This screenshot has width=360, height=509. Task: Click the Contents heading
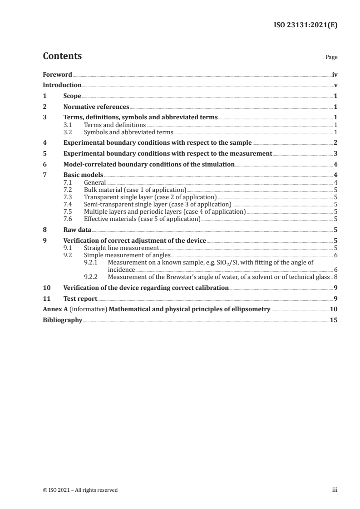point(62,57)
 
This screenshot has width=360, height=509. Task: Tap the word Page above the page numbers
point(331,58)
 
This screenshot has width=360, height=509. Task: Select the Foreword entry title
point(57,74)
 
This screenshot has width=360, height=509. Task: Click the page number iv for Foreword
point(335,74)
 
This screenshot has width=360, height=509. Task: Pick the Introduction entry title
point(62,85)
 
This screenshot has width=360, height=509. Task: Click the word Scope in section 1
point(72,96)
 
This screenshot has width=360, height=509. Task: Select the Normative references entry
point(96,107)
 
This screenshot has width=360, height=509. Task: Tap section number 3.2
point(68,132)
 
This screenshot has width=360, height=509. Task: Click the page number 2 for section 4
point(335,143)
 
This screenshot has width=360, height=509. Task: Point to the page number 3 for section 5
point(335,154)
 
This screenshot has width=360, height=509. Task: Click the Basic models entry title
point(84,175)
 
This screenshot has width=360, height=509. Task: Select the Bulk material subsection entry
point(135,190)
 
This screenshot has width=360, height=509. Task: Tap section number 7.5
point(68,212)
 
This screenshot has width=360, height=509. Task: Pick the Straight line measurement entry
point(121,248)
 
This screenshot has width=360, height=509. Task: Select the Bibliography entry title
point(62,320)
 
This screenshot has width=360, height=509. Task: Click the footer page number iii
point(335,490)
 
